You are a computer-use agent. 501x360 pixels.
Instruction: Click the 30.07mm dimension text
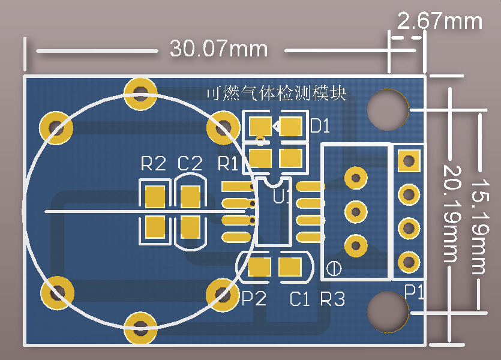[218, 48]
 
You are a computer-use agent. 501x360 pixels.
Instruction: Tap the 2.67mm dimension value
[440, 21]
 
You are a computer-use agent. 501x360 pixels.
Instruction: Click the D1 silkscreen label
[320, 127]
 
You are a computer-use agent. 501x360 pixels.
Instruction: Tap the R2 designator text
[153, 163]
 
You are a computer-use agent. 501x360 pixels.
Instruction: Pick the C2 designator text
[190, 163]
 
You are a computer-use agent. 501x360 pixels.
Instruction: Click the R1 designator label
[228, 163]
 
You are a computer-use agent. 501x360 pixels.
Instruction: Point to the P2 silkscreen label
[253, 298]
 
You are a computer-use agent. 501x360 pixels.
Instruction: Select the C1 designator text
[299, 298]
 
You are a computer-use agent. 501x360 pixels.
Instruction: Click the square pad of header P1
[409, 160]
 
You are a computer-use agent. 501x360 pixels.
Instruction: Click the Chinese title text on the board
[276, 93]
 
